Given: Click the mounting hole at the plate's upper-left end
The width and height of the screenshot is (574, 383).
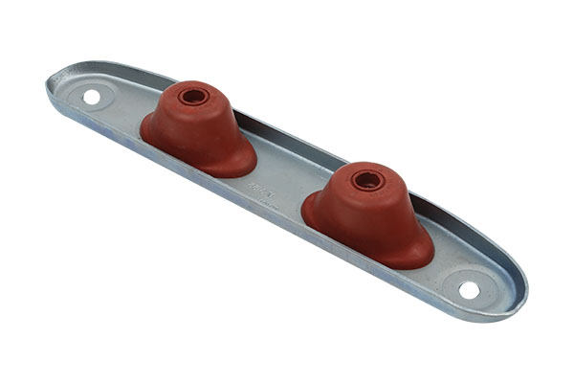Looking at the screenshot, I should (x=92, y=97).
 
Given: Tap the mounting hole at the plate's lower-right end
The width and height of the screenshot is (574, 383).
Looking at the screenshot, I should (x=469, y=289).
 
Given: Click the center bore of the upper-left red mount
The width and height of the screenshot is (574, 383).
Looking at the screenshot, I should (x=193, y=96).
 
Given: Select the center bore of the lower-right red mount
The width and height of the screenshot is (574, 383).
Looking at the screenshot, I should (x=367, y=179).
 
